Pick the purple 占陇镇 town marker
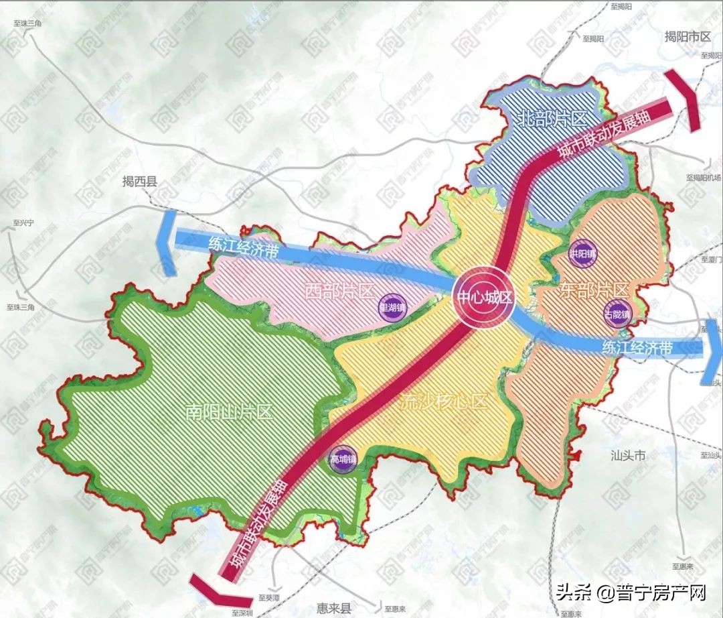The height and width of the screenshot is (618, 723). pos(617,314)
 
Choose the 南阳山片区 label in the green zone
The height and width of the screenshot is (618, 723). pos(230,412)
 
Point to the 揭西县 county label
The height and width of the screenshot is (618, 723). pos(139,182)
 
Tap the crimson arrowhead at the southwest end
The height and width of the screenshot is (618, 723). pos(214,589)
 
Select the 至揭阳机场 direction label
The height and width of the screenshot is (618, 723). pos(702,178)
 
